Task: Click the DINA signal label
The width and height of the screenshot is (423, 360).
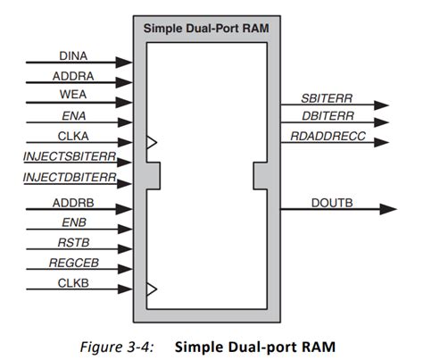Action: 73,55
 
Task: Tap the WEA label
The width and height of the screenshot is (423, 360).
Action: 73,96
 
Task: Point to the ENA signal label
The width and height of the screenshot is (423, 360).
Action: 73,115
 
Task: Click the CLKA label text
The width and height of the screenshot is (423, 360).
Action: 73,136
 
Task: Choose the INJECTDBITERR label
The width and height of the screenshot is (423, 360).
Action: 70,177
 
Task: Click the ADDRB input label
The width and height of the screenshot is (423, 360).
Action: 73,205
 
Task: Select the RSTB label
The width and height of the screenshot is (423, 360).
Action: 73,245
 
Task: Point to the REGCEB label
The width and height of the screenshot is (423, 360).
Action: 73,264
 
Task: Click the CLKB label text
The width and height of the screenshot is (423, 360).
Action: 73,284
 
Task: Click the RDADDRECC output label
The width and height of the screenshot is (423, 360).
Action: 325,136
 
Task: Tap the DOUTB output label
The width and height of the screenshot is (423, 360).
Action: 332,203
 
